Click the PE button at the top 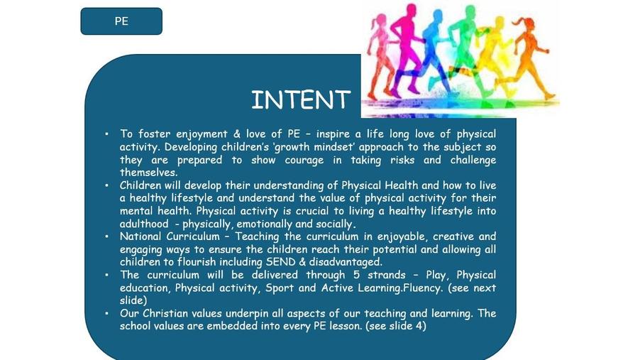click(121, 21)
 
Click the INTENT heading click(301, 100)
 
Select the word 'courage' click(304, 160)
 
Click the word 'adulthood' click(143, 224)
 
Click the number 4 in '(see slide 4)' click(421, 326)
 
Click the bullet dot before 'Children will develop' click(106, 185)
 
